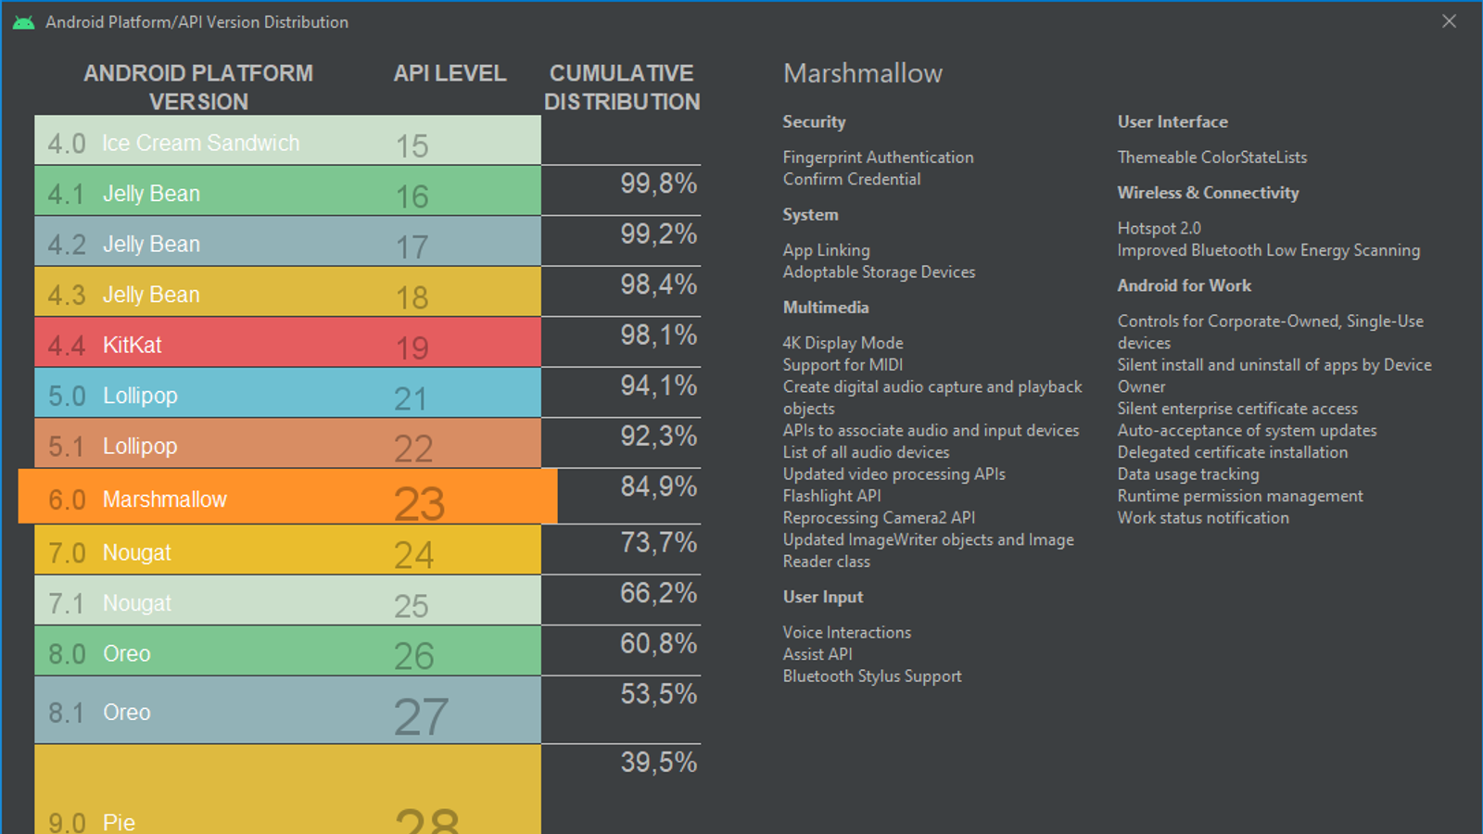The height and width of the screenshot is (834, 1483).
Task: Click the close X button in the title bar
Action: [x=1449, y=21]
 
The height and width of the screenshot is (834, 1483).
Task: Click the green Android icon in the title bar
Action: [x=24, y=22]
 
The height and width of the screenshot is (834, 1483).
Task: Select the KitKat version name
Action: [x=132, y=346]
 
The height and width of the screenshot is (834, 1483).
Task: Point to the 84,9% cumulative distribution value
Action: [x=658, y=486]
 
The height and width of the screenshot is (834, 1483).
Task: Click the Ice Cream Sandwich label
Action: [x=200, y=144]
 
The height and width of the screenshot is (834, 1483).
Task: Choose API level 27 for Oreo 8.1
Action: [x=421, y=716]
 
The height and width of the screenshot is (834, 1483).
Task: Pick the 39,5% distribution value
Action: [x=658, y=763]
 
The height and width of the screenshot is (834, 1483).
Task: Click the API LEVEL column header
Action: [x=450, y=73]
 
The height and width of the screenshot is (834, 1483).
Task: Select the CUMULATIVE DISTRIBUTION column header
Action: [x=622, y=87]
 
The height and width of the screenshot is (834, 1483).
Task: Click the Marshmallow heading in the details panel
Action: [x=862, y=74]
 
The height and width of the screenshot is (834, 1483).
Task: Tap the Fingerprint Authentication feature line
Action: [x=878, y=158]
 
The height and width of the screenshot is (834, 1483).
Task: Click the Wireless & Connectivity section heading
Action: [x=1208, y=193]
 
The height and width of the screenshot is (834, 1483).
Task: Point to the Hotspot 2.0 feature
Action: [x=1159, y=228]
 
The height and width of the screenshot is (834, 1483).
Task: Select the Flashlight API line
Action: [x=831, y=496]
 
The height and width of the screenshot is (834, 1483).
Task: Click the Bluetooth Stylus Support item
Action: [x=871, y=676]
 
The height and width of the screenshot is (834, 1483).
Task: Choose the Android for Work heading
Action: [x=1184, y=285]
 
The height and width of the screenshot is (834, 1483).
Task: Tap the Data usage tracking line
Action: [x=1187, y=474]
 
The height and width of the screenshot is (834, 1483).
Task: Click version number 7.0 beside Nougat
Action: [x=67, y=553]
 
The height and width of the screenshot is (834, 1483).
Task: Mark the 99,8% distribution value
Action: [x=658, y=183]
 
